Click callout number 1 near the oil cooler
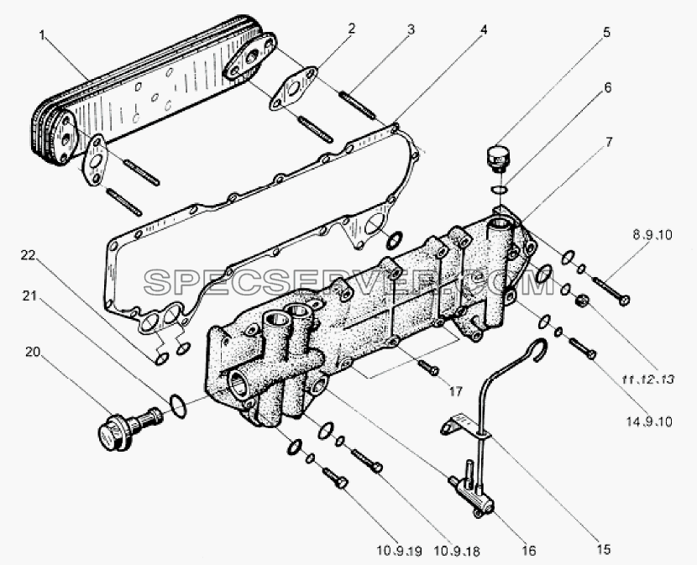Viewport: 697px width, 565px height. pyautogui.click(x=42, y=35)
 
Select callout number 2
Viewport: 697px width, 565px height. pyautogui.click(x=352, y=29)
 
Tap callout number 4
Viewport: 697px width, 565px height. pyautogui.click(x=484, y=29)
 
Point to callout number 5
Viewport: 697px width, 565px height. pyautogui.click(x=606, y=33)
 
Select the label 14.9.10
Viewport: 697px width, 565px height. pyautogui.click(x=649, y=421)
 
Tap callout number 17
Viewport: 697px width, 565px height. pyautogui.click(x=456, y=391)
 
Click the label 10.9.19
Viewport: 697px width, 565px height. pyautogui.click(x=398, y=551)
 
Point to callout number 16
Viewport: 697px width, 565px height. pyautogui.click(x=529, y=551)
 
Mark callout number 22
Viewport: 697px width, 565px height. pyautogui.click(x=27, y=255)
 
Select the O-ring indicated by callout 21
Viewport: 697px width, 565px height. pyautogui.click(x=179, y=405)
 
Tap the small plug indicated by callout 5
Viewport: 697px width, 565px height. pyautogui.click(x=497, y=160)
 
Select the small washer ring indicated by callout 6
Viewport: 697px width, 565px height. pyautogui.click(x=498, y=191)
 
